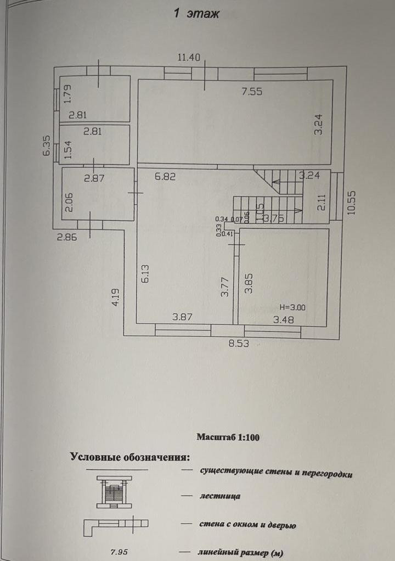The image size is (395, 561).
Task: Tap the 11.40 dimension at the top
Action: click(x=189, y=57)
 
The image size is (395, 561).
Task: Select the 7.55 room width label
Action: click(x=252, y=92)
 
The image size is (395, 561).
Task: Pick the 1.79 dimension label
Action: click(x=68, y=93)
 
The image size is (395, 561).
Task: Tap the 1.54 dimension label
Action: click(x=68, y=150)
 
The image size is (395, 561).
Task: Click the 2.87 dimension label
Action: click(x=94, y=178)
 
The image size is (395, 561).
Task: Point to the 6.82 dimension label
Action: click(x=165, y=177)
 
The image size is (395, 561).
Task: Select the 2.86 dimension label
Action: click(x=66, y=238)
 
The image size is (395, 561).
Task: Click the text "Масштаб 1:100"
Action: click(x=228, y=437)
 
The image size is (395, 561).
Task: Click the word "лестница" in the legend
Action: click(x=221, y=497)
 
